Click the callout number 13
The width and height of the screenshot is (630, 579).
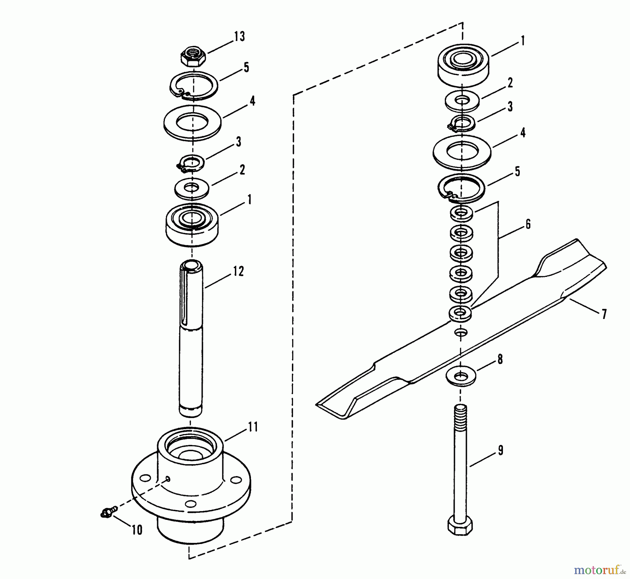click(x=239, y=36)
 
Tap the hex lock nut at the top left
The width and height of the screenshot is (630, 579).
click(x=193, y=57)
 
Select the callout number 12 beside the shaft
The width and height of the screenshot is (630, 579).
click(x=238, y=271)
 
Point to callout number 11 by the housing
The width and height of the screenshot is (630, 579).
click(x=252, y=427)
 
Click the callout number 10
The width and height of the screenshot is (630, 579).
click(x=137, y=530)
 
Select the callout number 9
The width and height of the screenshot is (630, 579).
click(x=500, y=451)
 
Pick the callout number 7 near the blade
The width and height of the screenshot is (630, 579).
click(x=604, y=314)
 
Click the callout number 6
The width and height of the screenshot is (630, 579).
click(x=528, y=224)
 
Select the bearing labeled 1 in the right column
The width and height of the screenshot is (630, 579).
click(x=463, y=65)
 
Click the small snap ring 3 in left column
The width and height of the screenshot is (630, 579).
click(x=191, y=163)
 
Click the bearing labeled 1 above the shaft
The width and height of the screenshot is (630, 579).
click(x=192, y=224)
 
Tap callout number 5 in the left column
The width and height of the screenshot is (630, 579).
click(x=246, y=67)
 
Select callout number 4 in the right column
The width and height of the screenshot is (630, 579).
click(x=523, y=133)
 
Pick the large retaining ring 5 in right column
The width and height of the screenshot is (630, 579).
click(x=461, y=188)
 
